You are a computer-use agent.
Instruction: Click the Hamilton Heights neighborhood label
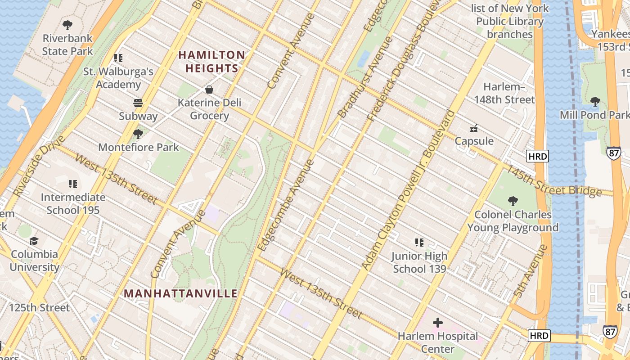[x=211, y=62]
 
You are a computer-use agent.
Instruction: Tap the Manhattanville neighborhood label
[x=180, y=293]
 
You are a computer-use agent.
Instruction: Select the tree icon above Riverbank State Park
[x=67, y=25]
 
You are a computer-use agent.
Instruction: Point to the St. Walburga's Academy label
[x=118, y=78]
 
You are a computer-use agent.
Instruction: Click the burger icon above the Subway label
[x=138, y=103]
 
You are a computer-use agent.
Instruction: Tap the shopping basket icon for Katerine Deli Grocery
[x=209, y=89]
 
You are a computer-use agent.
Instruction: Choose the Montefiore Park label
[x=138, y=147]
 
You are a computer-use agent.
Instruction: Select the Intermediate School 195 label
[x=73, y=204]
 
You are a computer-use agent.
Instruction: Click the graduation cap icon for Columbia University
[x=34, y=241]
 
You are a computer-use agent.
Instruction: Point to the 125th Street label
[x=40, y=308]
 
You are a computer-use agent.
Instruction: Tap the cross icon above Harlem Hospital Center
[x=437, y=323]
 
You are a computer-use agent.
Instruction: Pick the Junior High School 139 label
[x=419, y=262]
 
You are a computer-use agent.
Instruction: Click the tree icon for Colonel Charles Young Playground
[x=513, y=201]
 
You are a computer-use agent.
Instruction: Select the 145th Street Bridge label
[x=554, y=181]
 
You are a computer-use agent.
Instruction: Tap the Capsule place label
[x=474, y=141]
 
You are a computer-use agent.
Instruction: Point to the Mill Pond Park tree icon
[x=595, y=102]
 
